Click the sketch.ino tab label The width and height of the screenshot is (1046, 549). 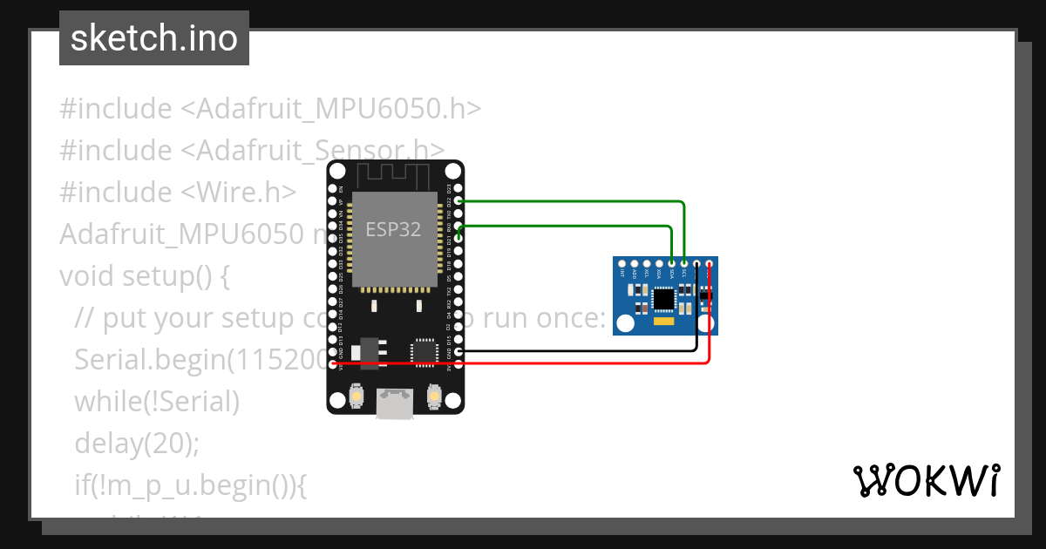(154, 38)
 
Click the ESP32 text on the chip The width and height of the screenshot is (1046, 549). (393, 230)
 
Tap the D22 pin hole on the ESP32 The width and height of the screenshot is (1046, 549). (458, 201)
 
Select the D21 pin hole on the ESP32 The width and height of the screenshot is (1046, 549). (458, 239)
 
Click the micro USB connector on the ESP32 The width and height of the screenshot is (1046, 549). (395, 403)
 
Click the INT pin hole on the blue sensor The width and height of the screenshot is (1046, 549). (622, 263)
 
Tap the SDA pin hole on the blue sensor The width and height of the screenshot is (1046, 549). (672, 263)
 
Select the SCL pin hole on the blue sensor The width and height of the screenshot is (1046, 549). (684, 263)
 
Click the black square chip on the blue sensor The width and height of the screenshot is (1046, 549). (664, 298)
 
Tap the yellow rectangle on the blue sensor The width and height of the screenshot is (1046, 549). (663, 322)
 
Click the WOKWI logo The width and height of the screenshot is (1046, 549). (926, 480)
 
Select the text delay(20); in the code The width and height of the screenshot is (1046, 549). (137, 444)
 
